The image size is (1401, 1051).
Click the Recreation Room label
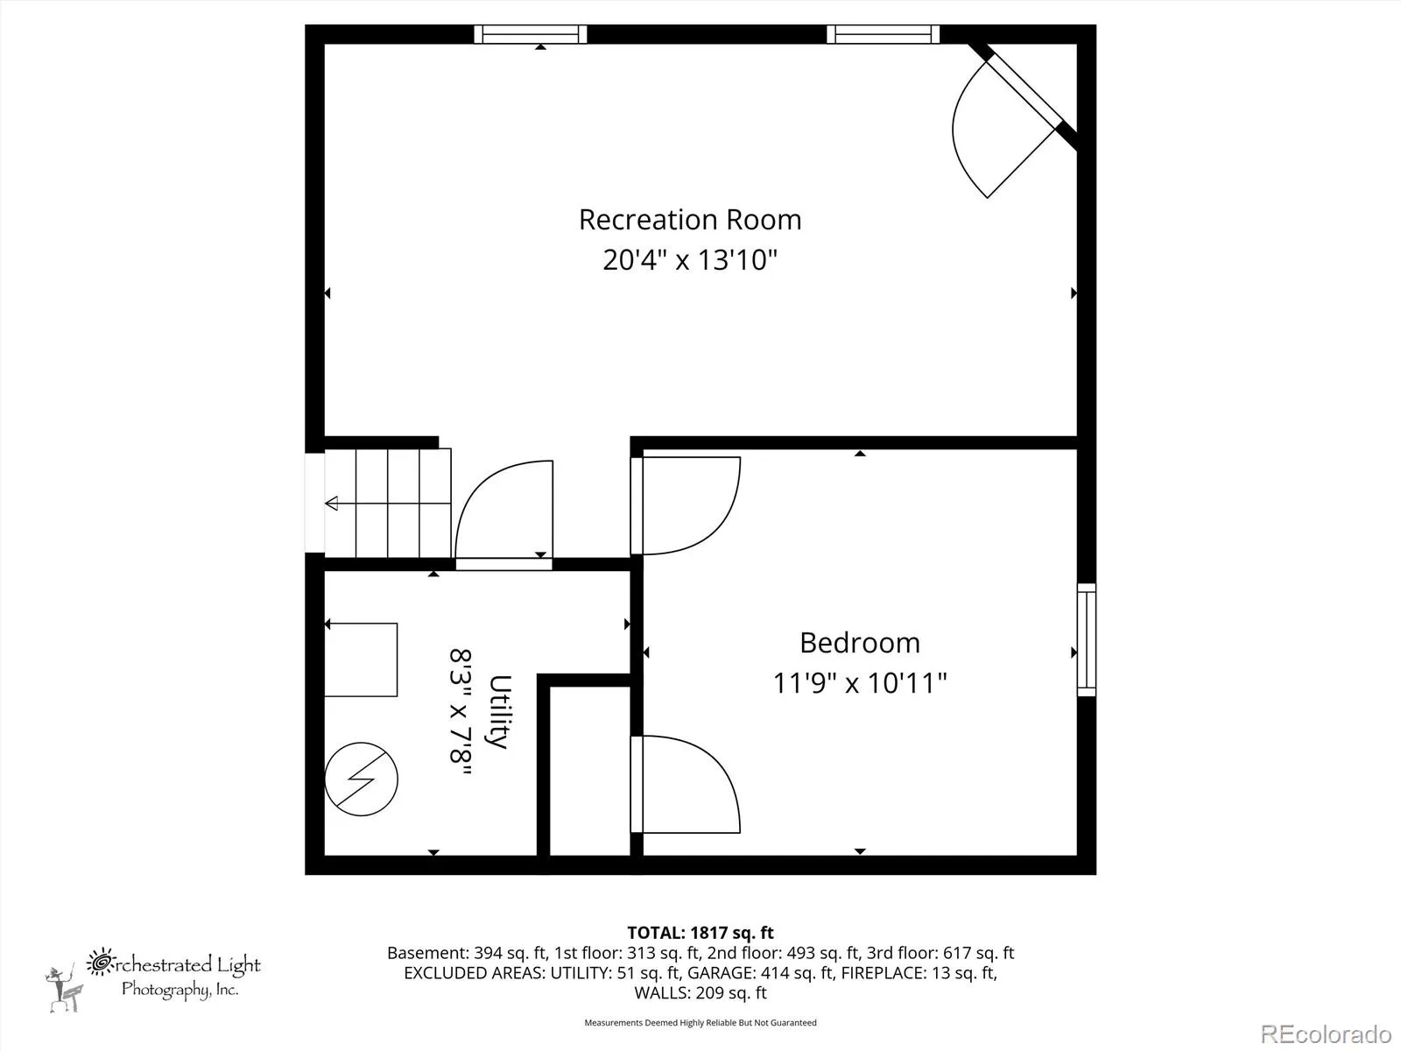[690, 220]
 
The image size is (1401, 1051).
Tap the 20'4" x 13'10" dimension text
[690, 260]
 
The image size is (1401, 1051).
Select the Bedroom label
[860, 643]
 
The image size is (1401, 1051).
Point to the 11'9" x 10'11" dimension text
[860, 683]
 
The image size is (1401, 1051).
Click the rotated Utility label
[500, 711]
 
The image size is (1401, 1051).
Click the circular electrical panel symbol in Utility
[362, 779]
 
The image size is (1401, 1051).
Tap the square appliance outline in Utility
[361, 660]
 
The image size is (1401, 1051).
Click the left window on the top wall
[531, 34]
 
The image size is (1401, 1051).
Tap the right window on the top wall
[883, 34]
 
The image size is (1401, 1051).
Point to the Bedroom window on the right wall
[1087, 639]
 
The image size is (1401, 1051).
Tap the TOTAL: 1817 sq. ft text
[700, 933]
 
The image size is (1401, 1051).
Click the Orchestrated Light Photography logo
[153, 979]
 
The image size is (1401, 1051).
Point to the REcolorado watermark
[1327, 1033]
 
